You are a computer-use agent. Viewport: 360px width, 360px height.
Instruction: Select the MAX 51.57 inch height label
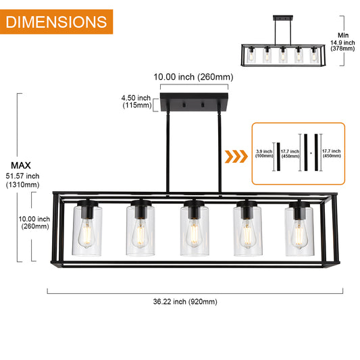[x=22, y=175]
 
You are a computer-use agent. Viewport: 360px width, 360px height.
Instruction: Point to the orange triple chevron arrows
[x=235, y=158]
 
